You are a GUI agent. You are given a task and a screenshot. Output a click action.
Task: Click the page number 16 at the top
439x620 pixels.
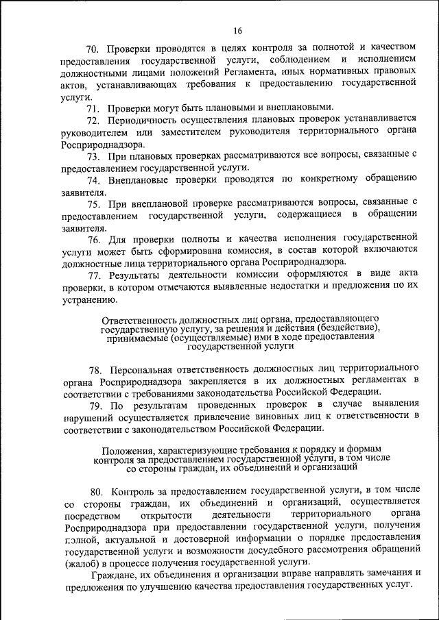tap(237, 31)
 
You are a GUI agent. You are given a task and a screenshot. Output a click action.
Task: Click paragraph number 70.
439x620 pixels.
tap(93, 49)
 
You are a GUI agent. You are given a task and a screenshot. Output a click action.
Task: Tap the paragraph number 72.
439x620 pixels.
tap(93, 119)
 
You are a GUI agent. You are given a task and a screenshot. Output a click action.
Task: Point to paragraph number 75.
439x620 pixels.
tap(93, 204)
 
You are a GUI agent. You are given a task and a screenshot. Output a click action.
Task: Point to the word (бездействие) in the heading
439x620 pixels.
tap(340, 329)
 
